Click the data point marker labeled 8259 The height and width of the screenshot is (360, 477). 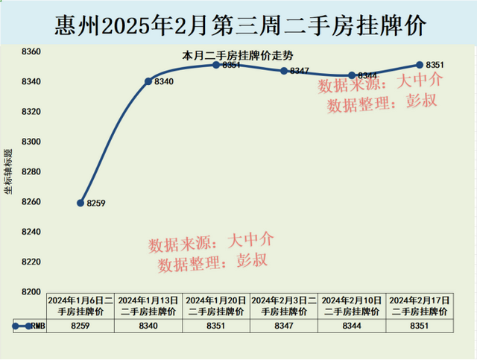(x=80, y=203)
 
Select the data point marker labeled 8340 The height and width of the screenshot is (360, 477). (x=148, y=80)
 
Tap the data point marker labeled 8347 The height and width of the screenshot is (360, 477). (x=284, y=71)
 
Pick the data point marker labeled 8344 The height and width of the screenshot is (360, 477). (x=352, y=75)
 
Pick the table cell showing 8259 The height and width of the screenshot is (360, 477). (x=80, y=326)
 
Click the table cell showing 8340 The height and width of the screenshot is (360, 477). (x=148, y=326)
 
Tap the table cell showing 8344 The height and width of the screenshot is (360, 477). (x=352, y=326)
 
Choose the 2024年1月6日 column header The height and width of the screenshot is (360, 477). (x=80, y=305)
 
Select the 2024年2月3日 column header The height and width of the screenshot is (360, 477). (x=284, y=305)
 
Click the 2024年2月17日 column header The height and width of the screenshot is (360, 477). (x=420, y=305)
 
